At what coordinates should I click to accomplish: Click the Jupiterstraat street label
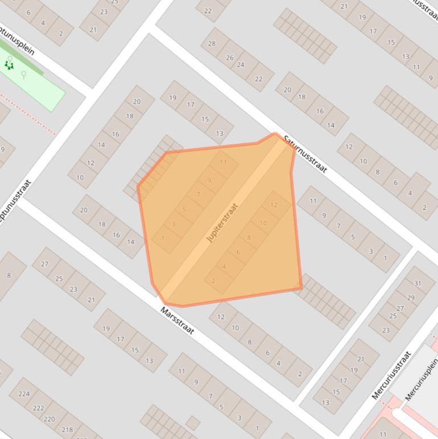222,222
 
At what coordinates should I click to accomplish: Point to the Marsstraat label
177,321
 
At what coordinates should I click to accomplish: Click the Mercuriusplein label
422,379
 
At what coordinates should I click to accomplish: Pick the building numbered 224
24,393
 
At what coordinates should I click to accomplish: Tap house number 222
38,408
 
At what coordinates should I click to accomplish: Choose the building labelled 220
50,419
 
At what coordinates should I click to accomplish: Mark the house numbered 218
67,430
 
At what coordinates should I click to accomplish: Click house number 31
417,283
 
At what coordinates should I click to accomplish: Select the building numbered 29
411,298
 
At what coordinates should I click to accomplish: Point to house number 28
212,44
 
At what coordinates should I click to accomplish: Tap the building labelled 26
230,58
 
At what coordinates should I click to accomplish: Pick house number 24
240,65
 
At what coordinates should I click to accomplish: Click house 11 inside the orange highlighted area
223,162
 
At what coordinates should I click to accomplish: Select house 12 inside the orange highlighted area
274,205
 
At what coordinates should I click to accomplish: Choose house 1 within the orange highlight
163,238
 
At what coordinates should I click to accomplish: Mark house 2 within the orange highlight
214,281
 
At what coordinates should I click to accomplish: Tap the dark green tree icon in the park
9,64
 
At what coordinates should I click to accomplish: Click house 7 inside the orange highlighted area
198,195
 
